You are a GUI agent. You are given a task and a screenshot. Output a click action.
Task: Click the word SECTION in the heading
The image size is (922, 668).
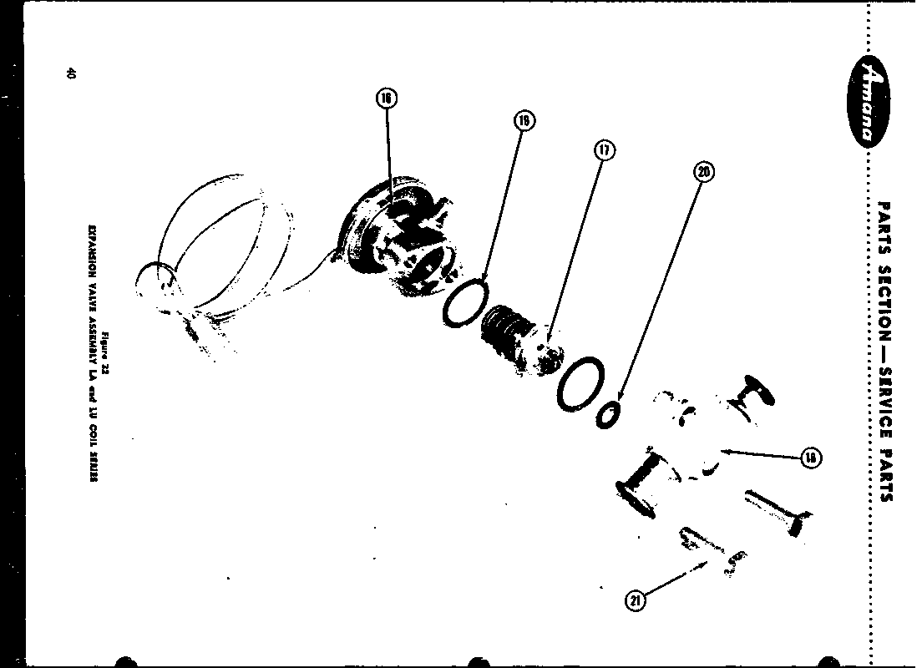coord(884,298)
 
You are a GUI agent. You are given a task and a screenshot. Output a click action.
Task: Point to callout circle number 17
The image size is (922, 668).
coord(604,150)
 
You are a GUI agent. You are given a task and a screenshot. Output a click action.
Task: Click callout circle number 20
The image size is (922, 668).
coord(703,172)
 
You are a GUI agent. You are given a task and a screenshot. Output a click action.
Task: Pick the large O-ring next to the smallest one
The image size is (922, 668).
coord(579,383)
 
